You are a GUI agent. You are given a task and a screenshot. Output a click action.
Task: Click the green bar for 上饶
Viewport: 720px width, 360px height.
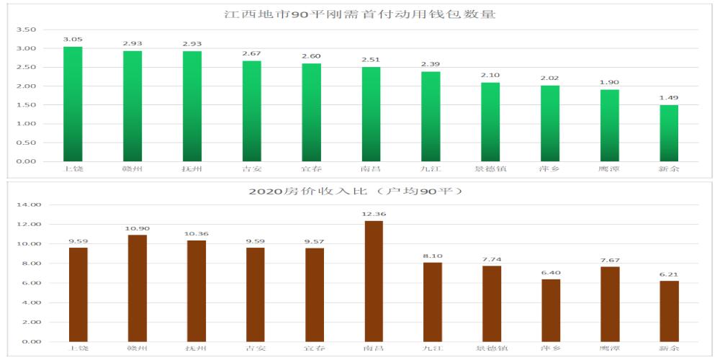73,104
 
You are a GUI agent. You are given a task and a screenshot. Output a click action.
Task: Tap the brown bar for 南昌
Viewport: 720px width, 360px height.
374,281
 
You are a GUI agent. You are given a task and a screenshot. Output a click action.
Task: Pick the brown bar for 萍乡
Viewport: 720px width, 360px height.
551,310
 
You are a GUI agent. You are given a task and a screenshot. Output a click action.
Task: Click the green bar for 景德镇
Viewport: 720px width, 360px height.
490,122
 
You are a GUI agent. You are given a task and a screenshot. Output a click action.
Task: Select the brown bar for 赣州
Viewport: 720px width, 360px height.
137,288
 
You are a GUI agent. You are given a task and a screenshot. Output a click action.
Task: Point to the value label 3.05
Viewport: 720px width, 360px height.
73,39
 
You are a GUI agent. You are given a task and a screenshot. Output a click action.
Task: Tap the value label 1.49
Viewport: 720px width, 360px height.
669,98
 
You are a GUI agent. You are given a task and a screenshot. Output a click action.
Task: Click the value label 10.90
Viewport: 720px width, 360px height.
137,228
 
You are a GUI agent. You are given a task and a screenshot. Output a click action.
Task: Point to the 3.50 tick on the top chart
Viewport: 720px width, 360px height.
26,30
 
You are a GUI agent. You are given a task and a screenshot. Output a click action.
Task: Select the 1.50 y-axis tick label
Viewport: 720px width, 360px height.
26,105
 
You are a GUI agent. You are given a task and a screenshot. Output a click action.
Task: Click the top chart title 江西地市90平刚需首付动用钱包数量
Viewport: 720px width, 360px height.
360,14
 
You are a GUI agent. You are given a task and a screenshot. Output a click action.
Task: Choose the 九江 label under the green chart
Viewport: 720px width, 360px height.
431,169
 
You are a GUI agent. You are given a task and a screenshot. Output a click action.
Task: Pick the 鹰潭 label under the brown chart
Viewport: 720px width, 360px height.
610,348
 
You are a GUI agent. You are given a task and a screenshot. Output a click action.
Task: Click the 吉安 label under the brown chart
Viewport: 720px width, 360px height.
255,348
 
